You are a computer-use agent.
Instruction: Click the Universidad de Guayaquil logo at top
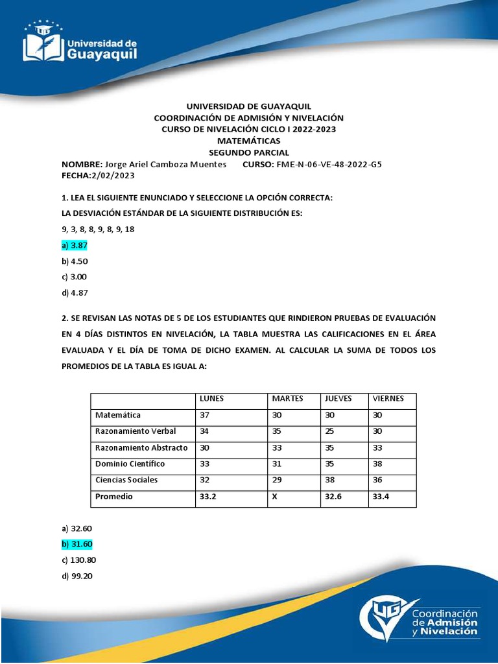[80, 41]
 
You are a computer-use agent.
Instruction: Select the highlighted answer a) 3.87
[75, 246]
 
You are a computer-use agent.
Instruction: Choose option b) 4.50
[75, 261]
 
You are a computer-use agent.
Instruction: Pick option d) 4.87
[75, 292]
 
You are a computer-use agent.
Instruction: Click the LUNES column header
[212, 398]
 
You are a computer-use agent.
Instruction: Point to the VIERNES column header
[388, 398]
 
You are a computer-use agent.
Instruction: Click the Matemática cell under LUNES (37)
[205, 415]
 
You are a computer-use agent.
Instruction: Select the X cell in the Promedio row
[275, 497]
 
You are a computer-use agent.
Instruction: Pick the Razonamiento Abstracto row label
[141, 447]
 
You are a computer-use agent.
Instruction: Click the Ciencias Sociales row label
[126, 480]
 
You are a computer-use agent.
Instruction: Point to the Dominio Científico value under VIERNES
[378, 464]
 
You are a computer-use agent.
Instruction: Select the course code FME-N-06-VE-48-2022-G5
[329, 164]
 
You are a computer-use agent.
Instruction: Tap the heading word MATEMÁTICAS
[248, 140]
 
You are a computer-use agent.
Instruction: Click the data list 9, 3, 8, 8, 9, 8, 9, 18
[98, 230]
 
